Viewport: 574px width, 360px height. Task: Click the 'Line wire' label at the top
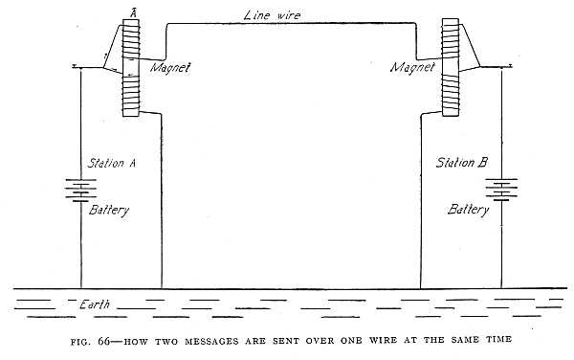click(274, 14)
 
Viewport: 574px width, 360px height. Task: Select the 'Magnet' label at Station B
click(413, 68)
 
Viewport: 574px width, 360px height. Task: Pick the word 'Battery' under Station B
click(473, 210)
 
